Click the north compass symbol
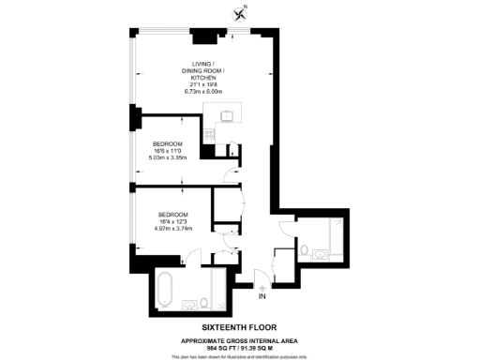coord(240,12)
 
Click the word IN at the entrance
coord(262,297)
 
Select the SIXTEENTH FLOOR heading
coord(240,327)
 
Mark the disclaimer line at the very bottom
coord(240,356)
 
